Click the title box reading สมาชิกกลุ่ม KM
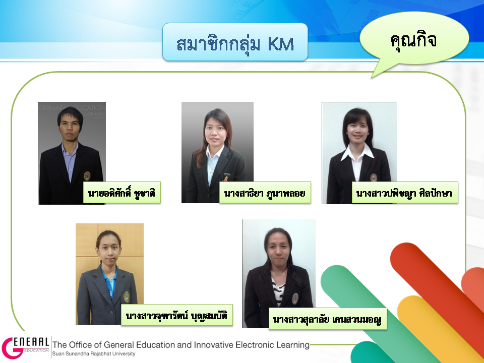point(235,42)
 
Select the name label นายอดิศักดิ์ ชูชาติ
point(122,193)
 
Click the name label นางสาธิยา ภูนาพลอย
point(265,193)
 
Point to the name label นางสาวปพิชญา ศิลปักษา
point(405,193)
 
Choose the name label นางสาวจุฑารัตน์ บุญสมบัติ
point(176,315)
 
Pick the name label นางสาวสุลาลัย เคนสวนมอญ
point(328,319)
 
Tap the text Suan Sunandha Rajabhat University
point(94,354)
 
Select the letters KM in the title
point(281,44)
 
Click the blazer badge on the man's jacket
point(87,175)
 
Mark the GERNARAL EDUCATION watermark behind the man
point(72,108)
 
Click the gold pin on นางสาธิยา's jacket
point(226,177)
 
